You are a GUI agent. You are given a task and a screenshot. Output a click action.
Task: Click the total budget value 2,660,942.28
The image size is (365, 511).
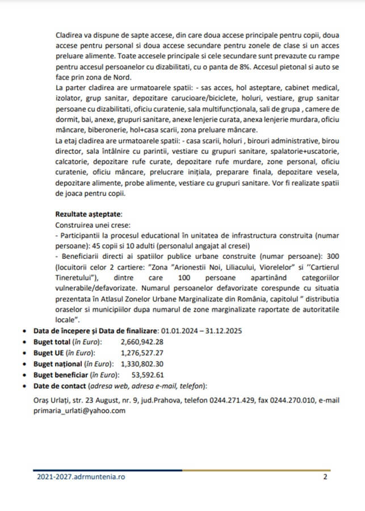[x=142, y=342]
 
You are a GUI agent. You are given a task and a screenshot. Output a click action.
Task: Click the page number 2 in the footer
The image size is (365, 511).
[x=325, y=477]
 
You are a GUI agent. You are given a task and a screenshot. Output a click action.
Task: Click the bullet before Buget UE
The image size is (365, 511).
[x=22, y=353]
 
